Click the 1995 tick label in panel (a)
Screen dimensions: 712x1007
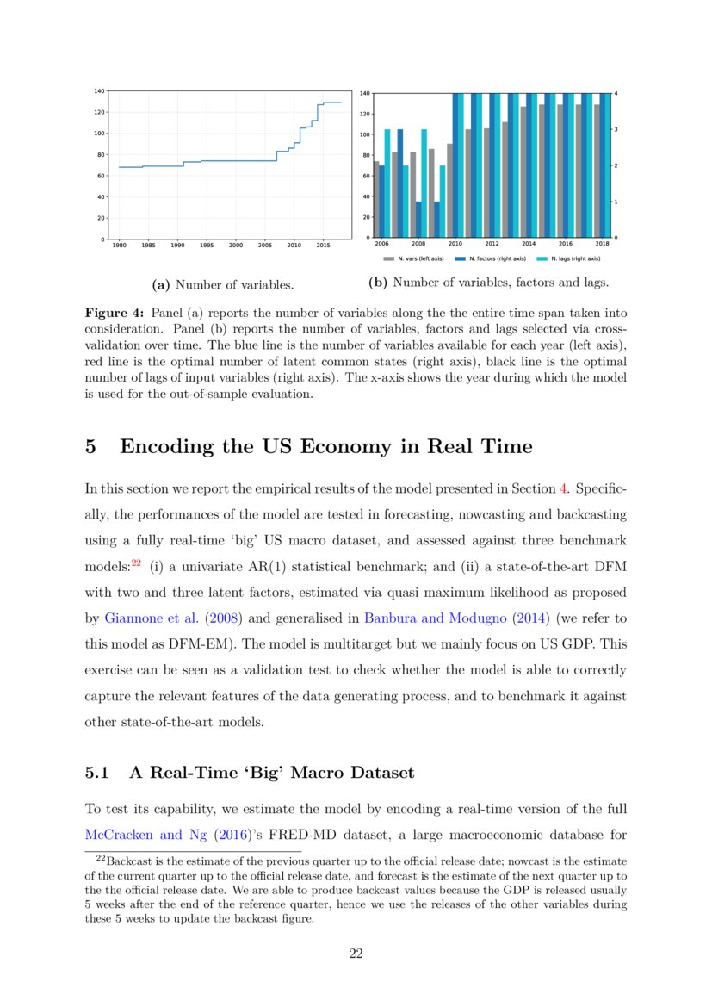207,245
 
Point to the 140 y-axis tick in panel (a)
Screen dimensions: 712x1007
99,90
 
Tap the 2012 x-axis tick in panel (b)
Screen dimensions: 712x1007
492,244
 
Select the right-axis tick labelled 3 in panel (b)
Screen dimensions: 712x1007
616,129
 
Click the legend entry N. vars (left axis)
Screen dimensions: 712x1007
413,258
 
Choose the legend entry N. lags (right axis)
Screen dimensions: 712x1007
567,258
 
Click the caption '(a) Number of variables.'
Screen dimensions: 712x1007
222,283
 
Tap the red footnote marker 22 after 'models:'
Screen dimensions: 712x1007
135,565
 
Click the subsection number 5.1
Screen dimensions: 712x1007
96,773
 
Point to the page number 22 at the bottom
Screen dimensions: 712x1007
356,953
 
